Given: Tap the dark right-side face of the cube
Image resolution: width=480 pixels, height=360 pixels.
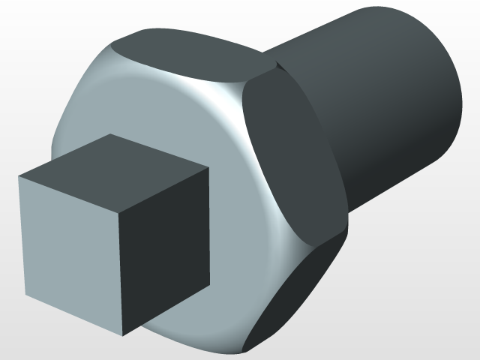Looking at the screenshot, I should pyautogui.click(x=165, y=247).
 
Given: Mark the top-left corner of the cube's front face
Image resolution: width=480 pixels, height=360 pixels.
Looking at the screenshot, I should pyautogui.click(x=19, y=178).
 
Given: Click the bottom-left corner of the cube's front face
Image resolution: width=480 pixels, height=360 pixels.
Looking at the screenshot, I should pyautogui.click(x=25, y=295).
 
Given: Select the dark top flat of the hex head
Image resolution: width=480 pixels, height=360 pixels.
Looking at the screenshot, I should pyautogui.click(x=187, y=52).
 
